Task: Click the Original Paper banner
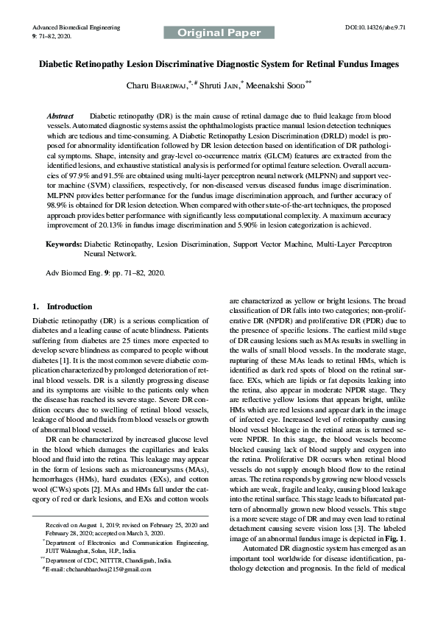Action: (219, 33)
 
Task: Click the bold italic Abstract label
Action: (60, 117)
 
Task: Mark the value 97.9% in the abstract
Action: (77, 177)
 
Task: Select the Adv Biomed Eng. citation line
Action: (105, 272)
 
